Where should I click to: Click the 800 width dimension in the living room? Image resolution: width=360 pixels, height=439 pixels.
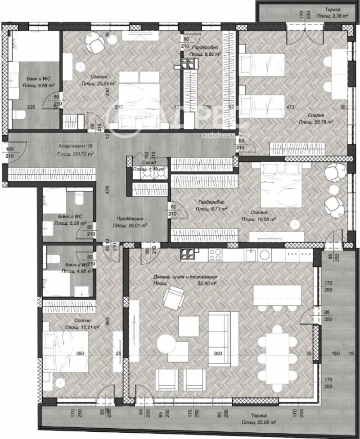coord(218,354)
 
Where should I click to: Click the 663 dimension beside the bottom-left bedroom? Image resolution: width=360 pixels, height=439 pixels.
coord(107,321)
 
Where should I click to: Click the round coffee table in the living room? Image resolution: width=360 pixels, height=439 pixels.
coord(166,345)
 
